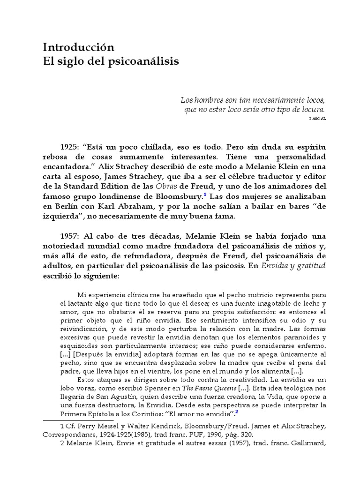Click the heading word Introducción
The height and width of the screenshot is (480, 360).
tap(79, 47)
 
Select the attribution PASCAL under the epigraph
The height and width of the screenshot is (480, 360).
tap(317, 120)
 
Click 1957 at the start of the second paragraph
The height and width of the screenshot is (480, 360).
tap(69, 237)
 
